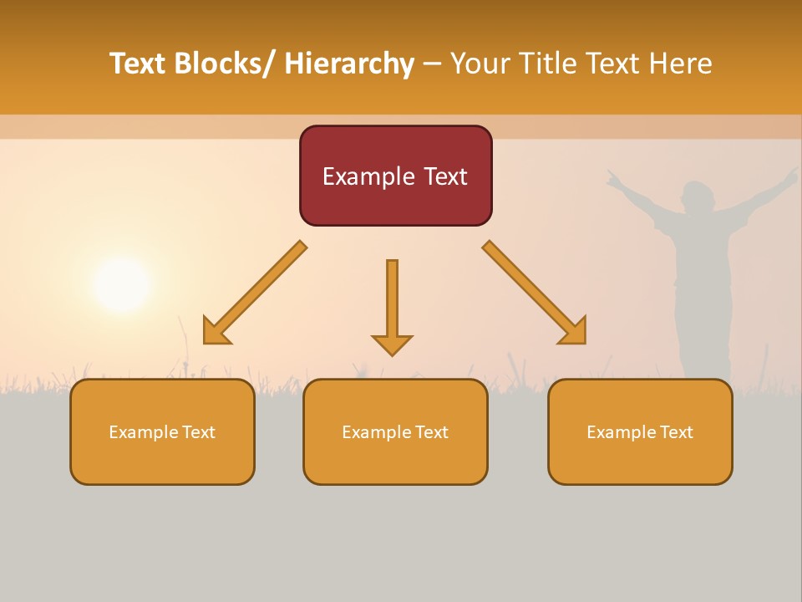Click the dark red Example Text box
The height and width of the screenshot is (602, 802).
395,176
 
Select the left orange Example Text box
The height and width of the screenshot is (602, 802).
162,431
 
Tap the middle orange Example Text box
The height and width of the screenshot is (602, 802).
395,431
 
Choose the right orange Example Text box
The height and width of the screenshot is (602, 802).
640,431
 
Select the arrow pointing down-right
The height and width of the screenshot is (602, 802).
535,293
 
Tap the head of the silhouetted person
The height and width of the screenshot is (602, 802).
697,198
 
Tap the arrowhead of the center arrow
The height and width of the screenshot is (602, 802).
392,344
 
